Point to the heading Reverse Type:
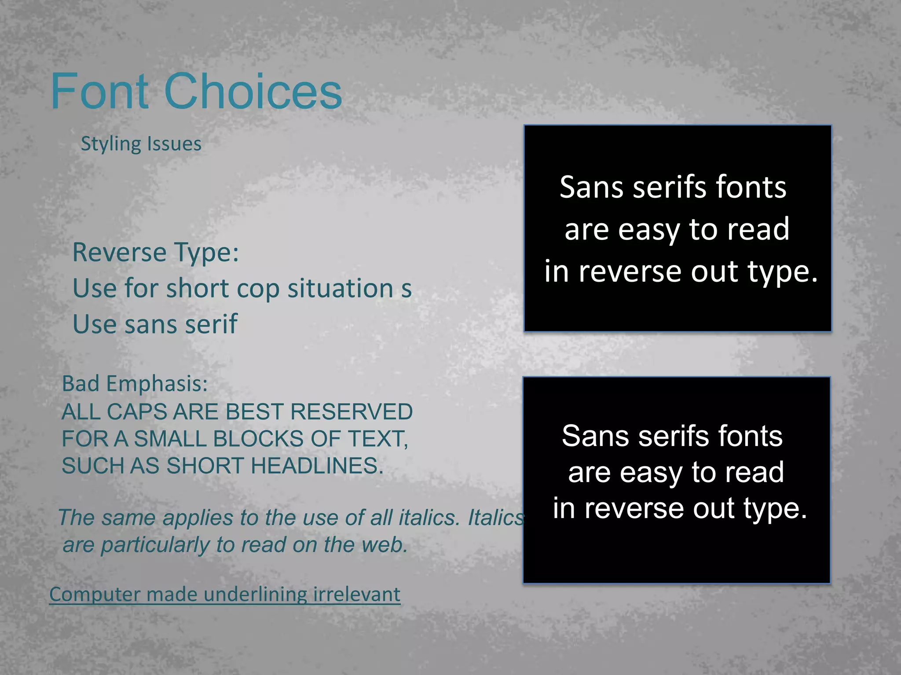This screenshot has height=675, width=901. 156,253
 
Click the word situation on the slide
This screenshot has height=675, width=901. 341,289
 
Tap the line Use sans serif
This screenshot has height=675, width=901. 155,324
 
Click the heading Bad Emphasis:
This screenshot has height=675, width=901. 135,384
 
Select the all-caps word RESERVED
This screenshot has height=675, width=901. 351,412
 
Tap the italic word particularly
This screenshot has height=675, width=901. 155,545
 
